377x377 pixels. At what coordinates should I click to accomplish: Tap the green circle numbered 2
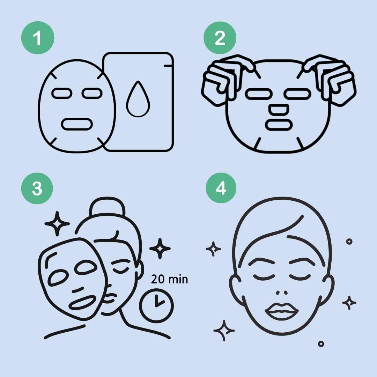(220, 38)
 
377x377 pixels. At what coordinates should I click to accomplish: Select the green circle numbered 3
(37, 188)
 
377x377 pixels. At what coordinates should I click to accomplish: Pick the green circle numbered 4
(220, 188)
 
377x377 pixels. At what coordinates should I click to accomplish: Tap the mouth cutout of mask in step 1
(77, 124)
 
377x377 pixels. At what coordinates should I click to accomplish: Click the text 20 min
(169, 279)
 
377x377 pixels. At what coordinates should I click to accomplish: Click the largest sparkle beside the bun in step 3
(57, 223)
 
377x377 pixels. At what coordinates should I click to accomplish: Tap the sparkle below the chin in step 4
(224, 330)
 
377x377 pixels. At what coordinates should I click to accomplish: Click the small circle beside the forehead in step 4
(349, 242)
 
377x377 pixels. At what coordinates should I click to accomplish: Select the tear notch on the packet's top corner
(168, 65)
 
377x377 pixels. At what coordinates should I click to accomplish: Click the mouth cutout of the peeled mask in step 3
(83, 302)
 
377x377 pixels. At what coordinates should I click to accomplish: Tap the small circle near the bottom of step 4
(321, 344)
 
